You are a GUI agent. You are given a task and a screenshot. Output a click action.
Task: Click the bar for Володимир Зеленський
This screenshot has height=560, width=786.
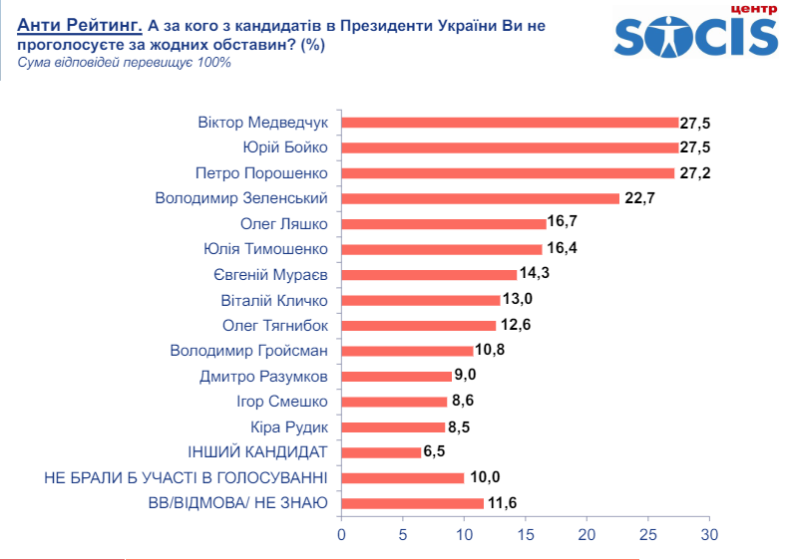pos(481,198)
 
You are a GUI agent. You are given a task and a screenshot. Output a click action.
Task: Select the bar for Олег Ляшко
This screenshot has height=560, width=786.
pos(444,223)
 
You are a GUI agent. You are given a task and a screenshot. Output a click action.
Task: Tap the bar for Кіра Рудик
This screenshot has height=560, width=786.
pos(394,426)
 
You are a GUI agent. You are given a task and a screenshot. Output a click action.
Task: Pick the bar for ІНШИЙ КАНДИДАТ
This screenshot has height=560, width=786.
pos(381,452)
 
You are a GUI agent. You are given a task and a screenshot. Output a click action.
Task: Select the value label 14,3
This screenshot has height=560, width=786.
pos(535,274)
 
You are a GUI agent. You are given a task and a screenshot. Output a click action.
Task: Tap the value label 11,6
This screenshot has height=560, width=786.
pos(502,503)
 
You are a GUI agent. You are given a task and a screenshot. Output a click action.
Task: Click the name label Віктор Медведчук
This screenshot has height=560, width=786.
pos(263,123)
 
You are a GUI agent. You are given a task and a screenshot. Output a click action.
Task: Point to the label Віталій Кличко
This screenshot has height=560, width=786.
pos(273,300)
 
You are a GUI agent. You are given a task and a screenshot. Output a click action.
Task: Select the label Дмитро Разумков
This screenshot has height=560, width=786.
pos(263,377)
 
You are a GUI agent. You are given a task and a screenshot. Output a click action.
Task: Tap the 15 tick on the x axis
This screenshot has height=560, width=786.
pos(526,536)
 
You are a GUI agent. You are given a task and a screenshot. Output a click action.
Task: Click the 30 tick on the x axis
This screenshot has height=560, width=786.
pos(709,536)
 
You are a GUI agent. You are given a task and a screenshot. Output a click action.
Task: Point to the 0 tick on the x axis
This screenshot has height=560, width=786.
pos(342,536)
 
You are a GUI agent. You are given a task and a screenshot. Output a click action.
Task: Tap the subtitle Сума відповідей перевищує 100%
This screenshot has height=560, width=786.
pos(125,62)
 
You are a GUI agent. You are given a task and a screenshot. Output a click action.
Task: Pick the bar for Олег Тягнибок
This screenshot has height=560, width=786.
pos(419,325)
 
